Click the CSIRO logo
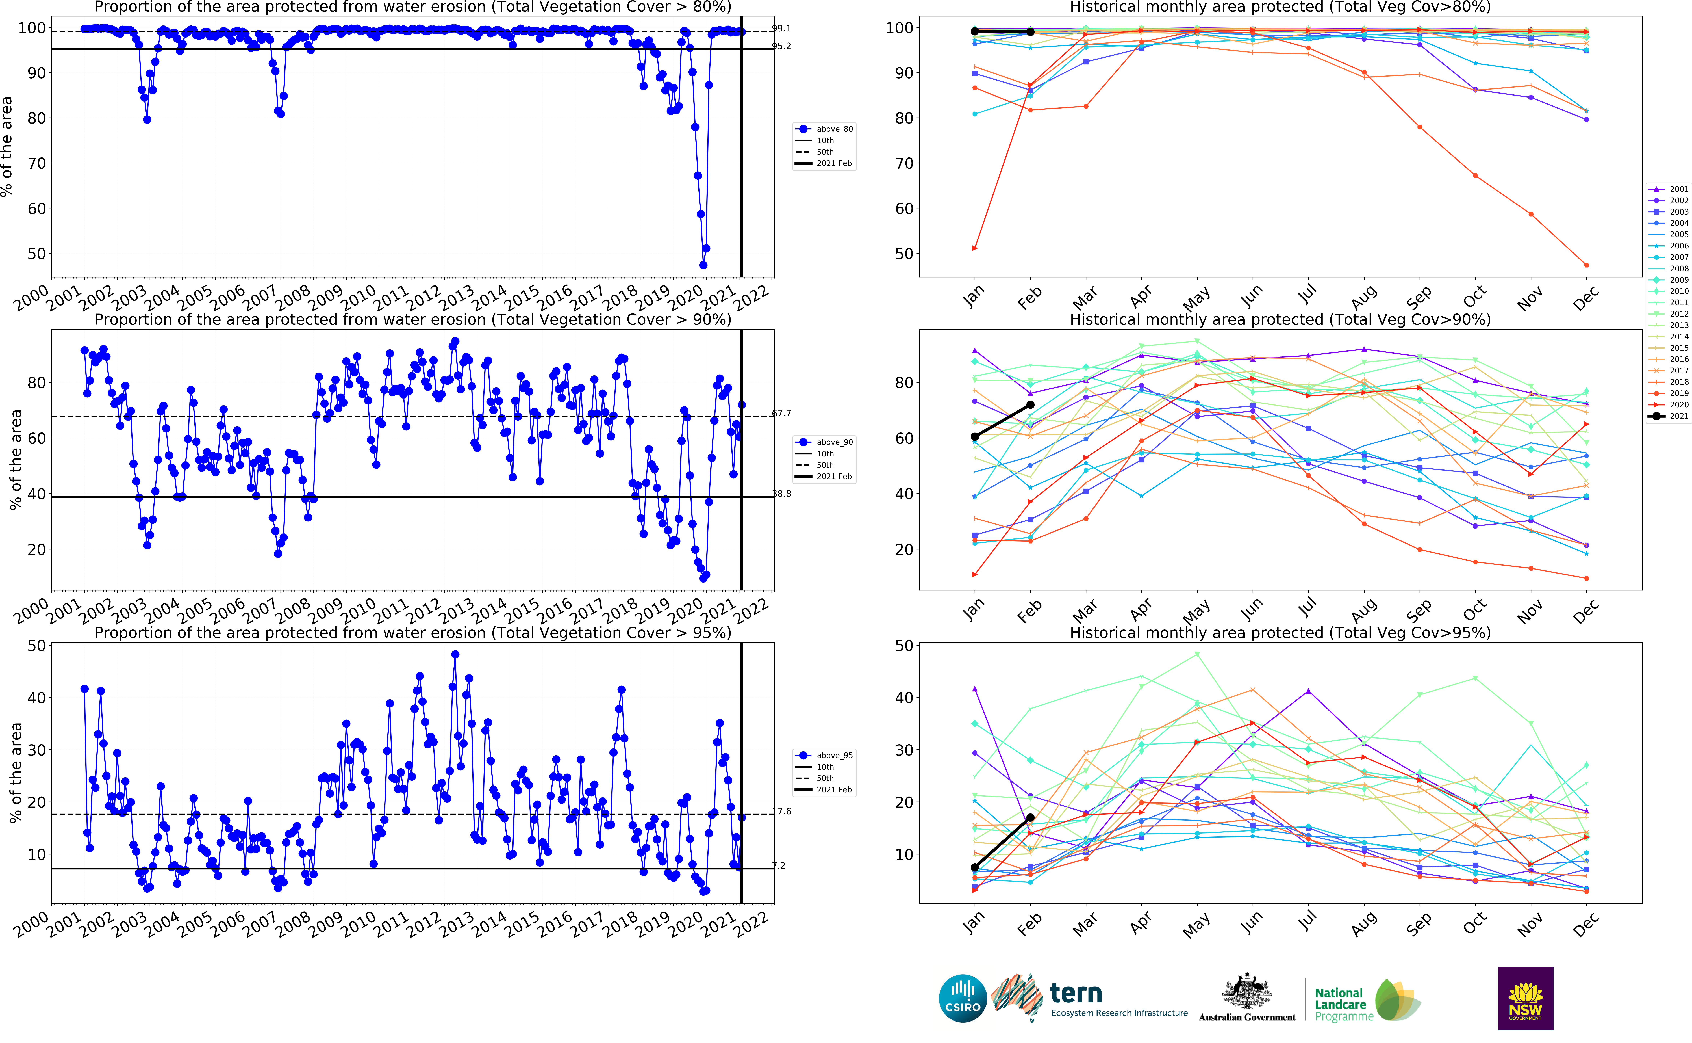[963, 998]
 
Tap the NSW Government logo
[1525, 998]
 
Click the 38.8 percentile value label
[781, 494]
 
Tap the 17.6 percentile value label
[781, 811]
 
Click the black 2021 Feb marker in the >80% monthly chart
[1030, 32]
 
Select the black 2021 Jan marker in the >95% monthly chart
[974, 868]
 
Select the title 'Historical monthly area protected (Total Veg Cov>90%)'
[1280, 319]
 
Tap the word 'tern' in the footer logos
[1076, 993]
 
